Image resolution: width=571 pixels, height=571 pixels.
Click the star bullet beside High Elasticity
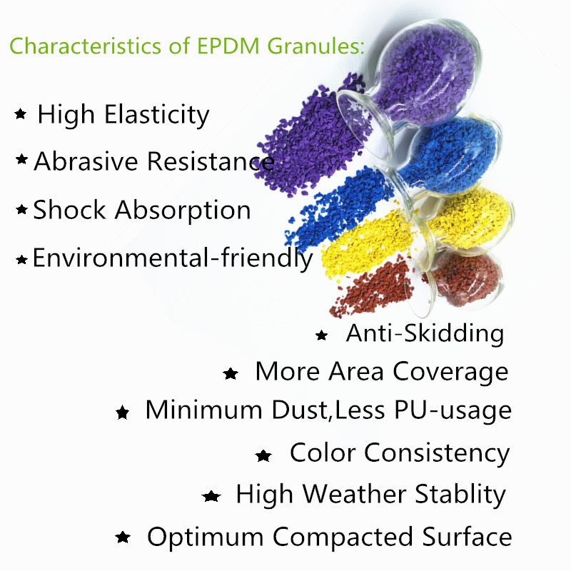[x=21, y=114]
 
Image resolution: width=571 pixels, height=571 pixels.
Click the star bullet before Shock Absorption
[x=21, y=210]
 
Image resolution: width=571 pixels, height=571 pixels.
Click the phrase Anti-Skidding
[x=425, y=333]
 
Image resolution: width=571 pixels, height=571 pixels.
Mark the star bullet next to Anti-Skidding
[x=322, y=335]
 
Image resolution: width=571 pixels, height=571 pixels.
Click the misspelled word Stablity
[x=457, y=494]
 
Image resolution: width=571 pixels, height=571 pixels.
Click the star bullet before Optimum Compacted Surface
[x=123, y=537]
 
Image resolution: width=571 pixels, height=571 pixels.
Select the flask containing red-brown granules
[x=464, y=275]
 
